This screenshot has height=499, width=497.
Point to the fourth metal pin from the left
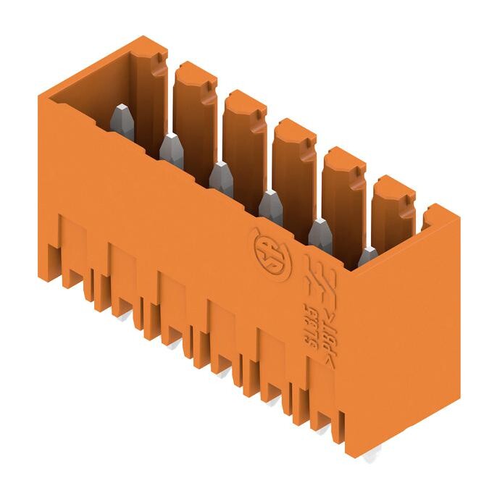(x=270, y=206)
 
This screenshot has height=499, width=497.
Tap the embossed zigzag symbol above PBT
(x=319, y=279)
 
